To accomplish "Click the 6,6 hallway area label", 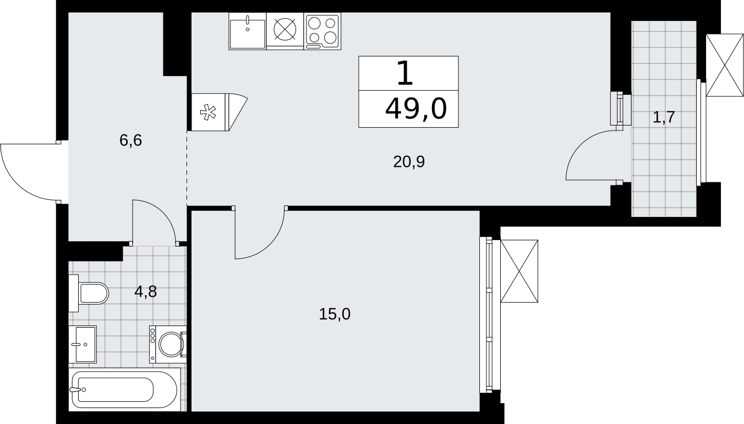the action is click(x=130, y=140).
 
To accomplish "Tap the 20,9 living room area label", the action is click(x=409, y=162).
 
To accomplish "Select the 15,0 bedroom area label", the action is click(x=335, y=314).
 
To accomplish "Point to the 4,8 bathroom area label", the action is click(x=145, y=291).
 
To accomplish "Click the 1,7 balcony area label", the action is click(x=664, y=117).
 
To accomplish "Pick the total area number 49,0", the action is click(x=416, y=109).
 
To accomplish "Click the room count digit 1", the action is click(x=405, y=73).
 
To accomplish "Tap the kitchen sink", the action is click(x=248, y=31).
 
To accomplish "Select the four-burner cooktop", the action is click(x=322, y=31).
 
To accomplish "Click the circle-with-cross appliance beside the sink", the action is click(x=285, y=29).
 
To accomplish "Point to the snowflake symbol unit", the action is click(x=208, y=112).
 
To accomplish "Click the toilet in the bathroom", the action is click(x=89, y=293).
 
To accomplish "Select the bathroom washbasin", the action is click(x=83, y=344).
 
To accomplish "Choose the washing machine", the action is click(x=168, y=344).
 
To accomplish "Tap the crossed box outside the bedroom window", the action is click(x=519, y=271).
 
